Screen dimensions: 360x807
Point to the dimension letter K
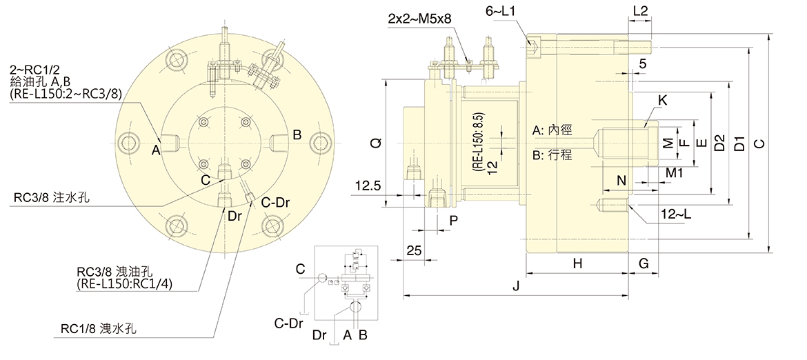click(x=663, y=101)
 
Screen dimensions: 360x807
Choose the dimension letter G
click(x=643, y=264)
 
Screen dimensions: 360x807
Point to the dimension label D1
click(x=739, y=143)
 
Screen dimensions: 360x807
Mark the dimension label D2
click(x=720, y=143)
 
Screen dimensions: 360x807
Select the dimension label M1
click(x=675, y=171)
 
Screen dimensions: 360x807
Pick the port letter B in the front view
click(x=297, y=135)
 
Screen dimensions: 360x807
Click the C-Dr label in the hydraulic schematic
click(x=289, y=322)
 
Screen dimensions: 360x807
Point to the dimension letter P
click(x=453, y=220)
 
